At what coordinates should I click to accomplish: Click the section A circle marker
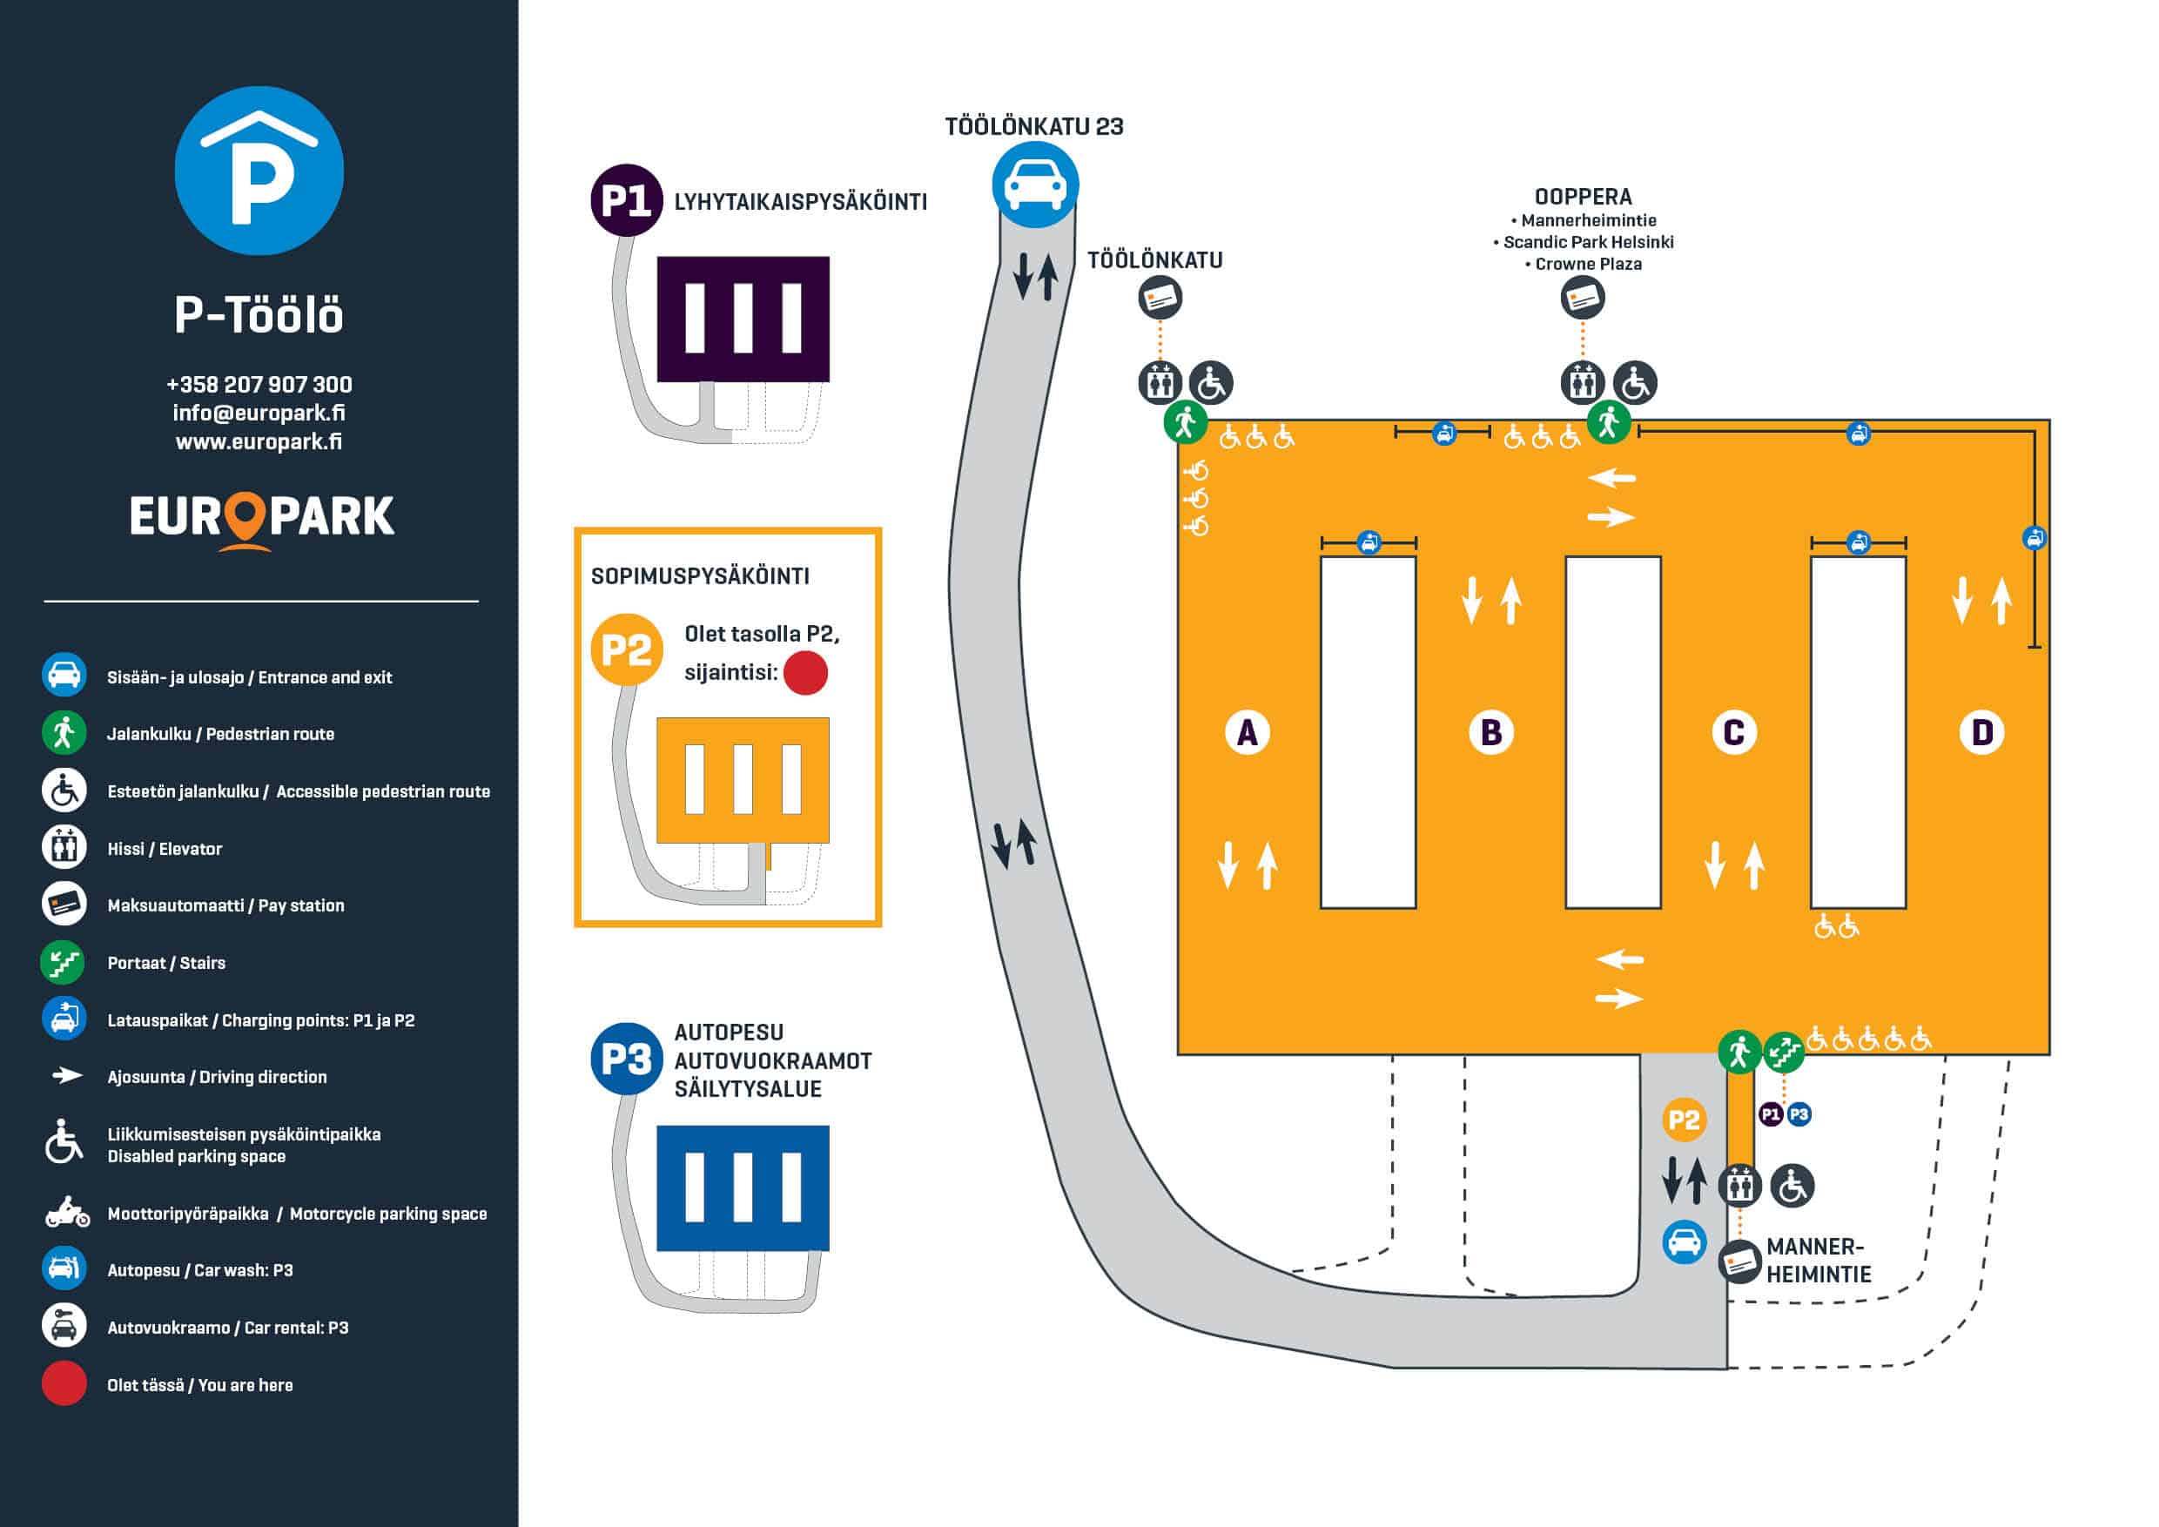[1247, 732]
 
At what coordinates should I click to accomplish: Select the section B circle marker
[1491, 732]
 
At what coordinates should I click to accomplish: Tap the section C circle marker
[1734, 732]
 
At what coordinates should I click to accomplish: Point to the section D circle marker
[1981, 732]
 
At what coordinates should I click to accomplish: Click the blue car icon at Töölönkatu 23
[1034, 185]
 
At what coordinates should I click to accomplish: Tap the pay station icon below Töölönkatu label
[1160, 299]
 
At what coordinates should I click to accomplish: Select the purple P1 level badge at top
[626, 200]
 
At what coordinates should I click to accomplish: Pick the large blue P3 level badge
[626, 1059]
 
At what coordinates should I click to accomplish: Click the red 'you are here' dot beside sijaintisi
[805, 673]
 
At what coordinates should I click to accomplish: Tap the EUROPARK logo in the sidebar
[261, 518]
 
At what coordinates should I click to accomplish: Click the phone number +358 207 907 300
[259, 385]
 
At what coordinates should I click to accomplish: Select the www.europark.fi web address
[259, 441]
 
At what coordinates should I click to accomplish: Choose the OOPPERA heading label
[1583, 197]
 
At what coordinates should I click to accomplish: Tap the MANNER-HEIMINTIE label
[1818, 1260]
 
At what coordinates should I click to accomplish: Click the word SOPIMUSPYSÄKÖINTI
[700, 576]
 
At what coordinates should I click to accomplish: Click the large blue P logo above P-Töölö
[259, 172]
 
